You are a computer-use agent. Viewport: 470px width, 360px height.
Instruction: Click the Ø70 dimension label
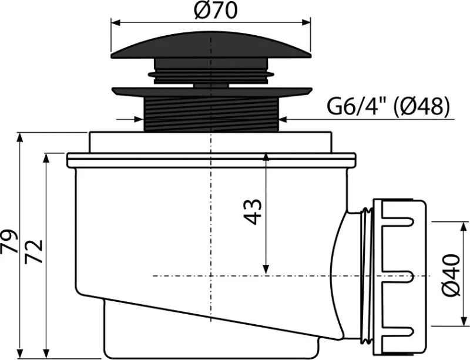[x=216, y=10]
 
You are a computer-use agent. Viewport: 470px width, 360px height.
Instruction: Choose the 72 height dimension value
[x=33, y=252]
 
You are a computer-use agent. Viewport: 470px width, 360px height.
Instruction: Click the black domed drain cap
[x=211, y=45]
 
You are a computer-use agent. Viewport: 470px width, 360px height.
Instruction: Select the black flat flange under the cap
[x=211, y=92]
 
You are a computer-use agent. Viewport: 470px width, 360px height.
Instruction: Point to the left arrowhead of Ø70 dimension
[x=116, y=23]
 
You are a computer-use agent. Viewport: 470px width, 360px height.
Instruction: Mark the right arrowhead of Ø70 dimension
[x=305, y=23]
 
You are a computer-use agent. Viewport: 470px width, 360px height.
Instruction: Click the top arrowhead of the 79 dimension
[x=20, y=138]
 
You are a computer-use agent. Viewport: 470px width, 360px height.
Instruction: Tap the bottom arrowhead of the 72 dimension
[x=46, y=354]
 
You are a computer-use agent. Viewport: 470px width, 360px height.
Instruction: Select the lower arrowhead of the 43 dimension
[x=266, y=270]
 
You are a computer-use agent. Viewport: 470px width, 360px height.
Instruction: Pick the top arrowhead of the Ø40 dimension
[x=464, y=227]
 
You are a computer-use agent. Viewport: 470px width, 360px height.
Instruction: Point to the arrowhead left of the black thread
[x=139, y=119]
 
